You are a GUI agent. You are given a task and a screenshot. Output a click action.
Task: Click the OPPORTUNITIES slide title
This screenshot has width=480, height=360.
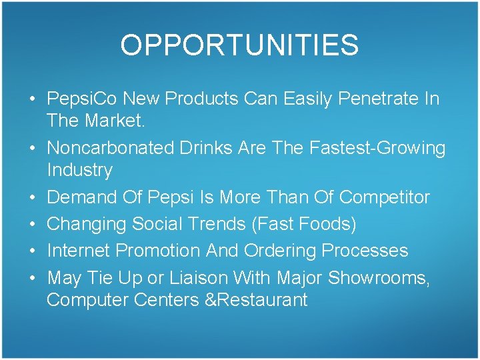tap(239, 45)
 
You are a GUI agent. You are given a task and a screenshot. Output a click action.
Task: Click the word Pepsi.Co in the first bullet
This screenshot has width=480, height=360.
tap(80, 99)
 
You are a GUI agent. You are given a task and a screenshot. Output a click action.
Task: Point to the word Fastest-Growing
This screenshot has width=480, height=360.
tap(377, 147)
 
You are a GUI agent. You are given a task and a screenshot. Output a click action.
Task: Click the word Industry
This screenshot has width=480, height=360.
tap(80, 170)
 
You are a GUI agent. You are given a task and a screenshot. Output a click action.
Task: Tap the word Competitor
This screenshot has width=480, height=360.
tap(385, 197)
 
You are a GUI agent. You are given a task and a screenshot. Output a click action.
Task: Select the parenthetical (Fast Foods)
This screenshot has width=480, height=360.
tap(304, 224)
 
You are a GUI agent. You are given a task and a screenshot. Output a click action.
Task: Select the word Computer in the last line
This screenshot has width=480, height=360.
tap(87, 300)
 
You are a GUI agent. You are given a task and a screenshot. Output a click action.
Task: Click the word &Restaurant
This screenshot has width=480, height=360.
tap(257, 300)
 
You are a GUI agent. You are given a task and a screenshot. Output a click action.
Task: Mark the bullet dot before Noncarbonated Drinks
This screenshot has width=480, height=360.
tap(32, 148)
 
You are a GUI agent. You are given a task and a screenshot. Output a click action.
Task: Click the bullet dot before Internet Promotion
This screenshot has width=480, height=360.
tap(32, 251)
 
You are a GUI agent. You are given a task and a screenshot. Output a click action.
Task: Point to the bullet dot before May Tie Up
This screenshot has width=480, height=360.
tap(32, 278)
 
